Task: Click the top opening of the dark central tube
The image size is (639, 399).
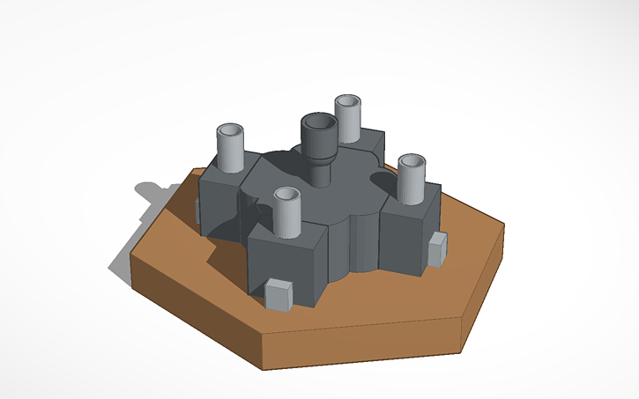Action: click(x=317, y=124)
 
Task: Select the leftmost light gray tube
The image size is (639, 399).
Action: click(x=231, y=150)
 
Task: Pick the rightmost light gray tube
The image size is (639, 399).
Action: click(x=411, y=180)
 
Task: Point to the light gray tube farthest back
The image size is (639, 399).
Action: click(x=349, y=118)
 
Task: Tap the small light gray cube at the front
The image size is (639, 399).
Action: click(x=279, y=294)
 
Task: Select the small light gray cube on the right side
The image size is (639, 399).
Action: click(x=436, y=249)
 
